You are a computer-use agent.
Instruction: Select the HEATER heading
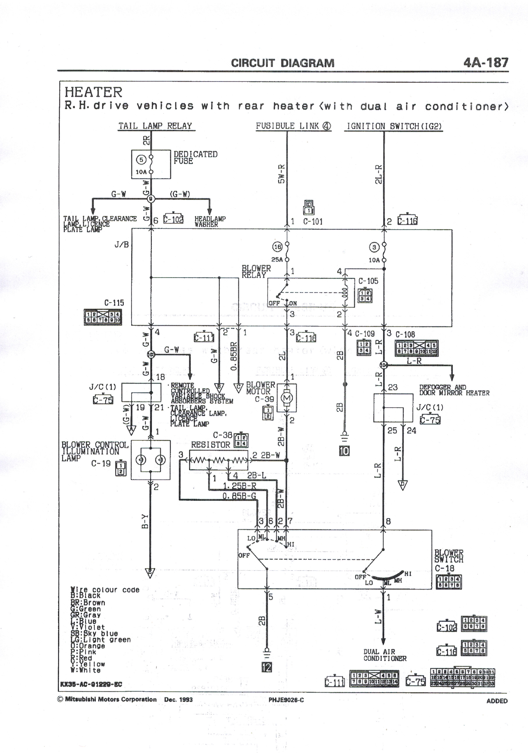point(93,92)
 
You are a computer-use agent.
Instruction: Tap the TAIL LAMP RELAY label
point(155,126)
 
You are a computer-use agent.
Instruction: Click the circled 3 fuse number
point(374,247)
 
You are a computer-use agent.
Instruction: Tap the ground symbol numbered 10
point(344,451)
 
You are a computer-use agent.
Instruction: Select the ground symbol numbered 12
point(267,667)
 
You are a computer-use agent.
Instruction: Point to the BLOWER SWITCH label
point(449,556)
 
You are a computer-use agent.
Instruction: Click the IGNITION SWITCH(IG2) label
point(394,126)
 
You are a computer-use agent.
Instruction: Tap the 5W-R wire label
point(281,174)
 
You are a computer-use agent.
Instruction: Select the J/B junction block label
point(121,245)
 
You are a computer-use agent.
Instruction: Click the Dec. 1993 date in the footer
point(178,699)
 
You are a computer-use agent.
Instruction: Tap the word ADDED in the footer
point(497,701)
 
